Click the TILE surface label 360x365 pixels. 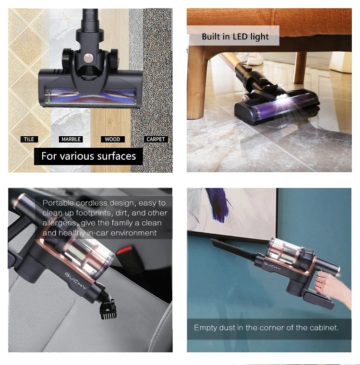(x=29, y=139)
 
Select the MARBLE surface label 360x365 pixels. (x=71, y=139)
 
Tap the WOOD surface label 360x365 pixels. (x=112, y=139)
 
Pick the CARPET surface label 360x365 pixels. (x=155, y=139)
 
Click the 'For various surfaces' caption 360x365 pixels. (x=88, y=156)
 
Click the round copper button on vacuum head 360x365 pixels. (x=89, y=59)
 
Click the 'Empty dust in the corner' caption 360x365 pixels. (x=266, y=328)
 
